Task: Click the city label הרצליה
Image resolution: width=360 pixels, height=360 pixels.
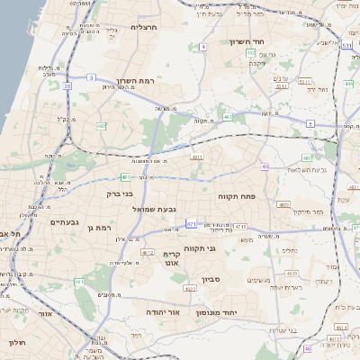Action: [x=144, y=27]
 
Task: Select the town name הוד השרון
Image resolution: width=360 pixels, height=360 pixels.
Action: [x=269, y=41]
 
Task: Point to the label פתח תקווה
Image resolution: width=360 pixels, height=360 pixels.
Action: [x=237, y=194]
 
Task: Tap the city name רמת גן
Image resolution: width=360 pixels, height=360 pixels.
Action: [x=97, y=228]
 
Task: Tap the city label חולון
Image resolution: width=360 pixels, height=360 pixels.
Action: [x=17, y=343]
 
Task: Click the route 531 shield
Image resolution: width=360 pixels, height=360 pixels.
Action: [x=346, y=44]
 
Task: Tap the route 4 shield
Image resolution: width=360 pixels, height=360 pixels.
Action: [x=204, y=45]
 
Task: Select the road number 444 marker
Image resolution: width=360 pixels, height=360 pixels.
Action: [x=347, y=84]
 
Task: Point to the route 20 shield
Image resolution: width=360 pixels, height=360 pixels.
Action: [x=66, y=86]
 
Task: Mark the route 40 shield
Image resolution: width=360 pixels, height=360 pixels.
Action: [x=265, y=166]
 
